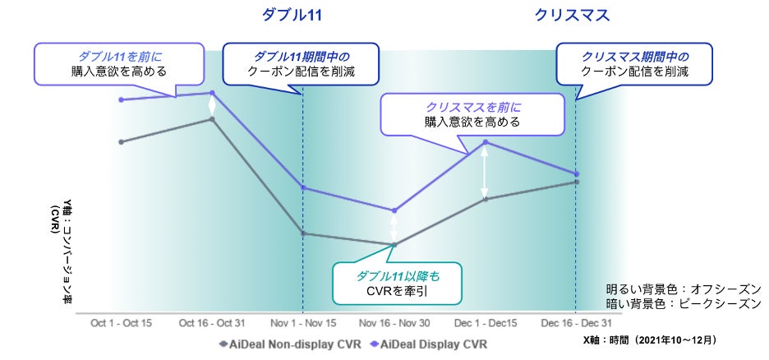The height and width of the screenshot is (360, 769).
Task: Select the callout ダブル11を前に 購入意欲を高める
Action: coord(119,62)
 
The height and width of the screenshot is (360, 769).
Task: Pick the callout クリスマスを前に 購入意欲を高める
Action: coord(472,114)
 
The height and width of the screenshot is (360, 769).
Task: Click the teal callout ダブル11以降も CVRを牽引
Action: coord(397,283)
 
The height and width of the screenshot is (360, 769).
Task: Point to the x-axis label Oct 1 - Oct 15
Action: coord(122,323)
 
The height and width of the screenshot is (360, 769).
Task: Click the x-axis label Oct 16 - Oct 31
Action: coord(213,323)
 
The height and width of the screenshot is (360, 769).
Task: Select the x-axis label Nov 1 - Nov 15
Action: coord(303,323)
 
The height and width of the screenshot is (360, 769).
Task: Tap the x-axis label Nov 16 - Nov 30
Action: coord(394,323)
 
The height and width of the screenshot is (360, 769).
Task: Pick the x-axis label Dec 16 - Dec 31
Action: coord(576,323)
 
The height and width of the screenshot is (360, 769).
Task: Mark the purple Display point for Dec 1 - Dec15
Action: coord(486,142)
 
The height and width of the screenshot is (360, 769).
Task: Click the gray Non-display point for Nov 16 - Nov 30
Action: coord(394,244)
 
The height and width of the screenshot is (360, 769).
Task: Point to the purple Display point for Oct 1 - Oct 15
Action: coord(122,99)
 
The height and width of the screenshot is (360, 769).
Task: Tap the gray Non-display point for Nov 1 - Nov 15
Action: coord(303,233)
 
